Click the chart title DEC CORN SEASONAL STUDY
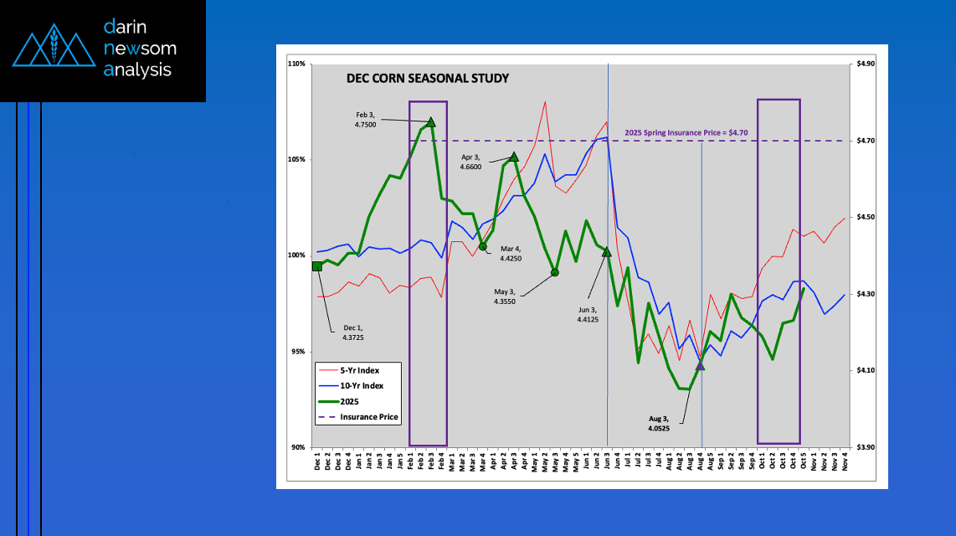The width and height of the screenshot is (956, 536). click(x=428, y=79)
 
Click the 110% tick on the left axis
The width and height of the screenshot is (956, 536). click(x=296, y=64)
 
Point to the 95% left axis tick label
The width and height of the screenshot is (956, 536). click(x=297, y=352)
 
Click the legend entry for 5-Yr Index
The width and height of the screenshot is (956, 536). click(x=361, y=370)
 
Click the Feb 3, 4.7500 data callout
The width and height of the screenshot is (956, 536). click(x=365, y=119)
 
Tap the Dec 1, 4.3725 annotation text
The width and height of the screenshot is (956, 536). click(x=352, y=332)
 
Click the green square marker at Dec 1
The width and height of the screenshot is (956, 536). click(x=316, y=266)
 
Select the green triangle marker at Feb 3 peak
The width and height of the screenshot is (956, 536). click(x=431, y=122)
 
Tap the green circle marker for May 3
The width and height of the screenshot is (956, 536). click(x=554, y=272)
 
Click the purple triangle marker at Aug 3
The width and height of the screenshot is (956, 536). click(x=701, y=365)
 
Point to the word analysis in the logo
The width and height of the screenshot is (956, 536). click(x=137, y=70)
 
